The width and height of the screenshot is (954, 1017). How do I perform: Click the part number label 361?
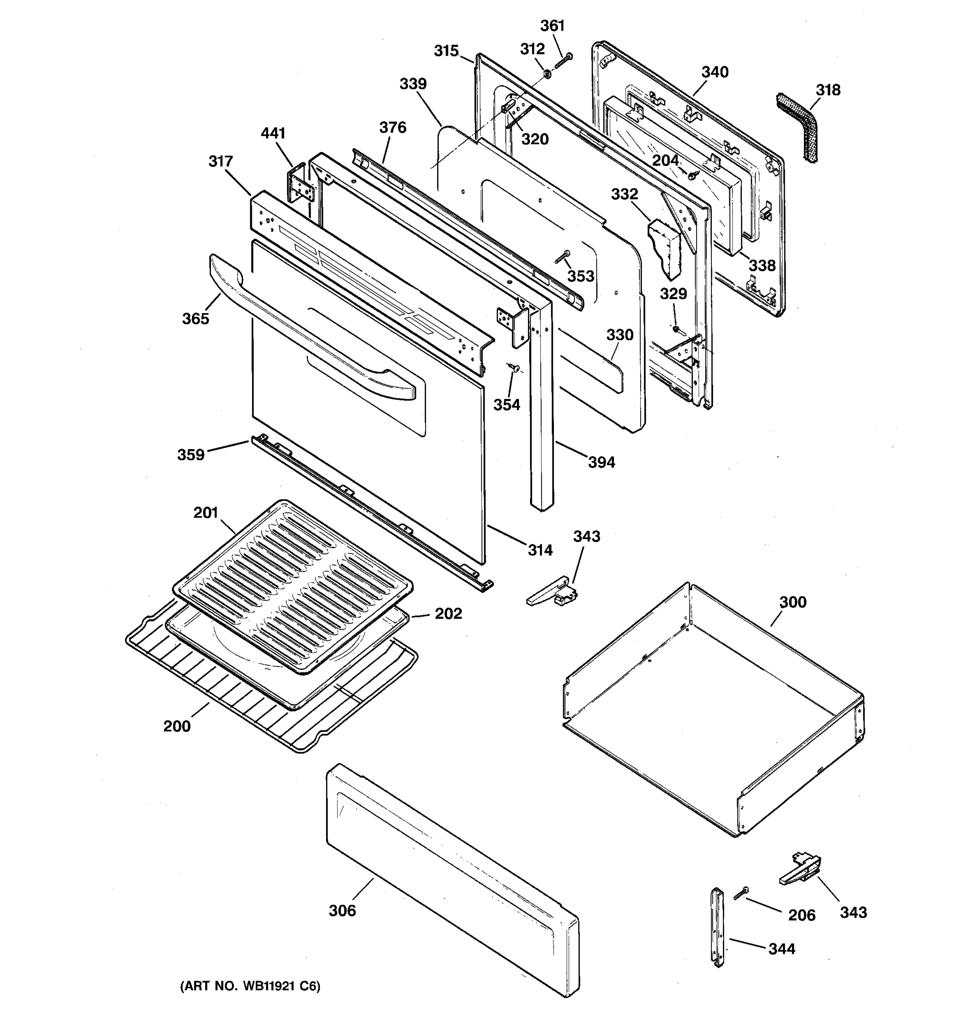click(x=552, y=25)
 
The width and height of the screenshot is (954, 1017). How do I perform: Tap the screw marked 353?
click(x=563, y=257)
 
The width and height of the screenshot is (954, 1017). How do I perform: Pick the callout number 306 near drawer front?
click(x=342, y=911)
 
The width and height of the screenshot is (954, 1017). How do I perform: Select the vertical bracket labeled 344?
click(x=717, y=934)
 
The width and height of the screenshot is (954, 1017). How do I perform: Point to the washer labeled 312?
click(x=547, y=75)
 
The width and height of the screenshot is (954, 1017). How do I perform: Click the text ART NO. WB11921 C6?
click(x=250, y=986)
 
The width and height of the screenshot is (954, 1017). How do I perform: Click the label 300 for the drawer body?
click(x=793, y=602)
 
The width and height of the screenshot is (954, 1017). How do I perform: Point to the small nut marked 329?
click(x=676, y=328)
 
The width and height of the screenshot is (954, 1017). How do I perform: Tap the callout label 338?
click(x=762, y=266)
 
